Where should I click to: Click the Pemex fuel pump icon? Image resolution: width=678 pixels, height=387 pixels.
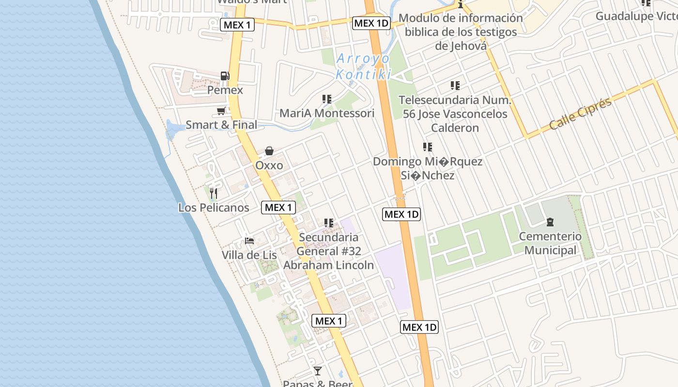point(225,75)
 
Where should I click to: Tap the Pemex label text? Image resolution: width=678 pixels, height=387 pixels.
point(225,90)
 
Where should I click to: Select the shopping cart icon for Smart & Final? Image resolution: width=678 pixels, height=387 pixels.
point(221,111)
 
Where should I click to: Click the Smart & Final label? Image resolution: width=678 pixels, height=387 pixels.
point(221,125)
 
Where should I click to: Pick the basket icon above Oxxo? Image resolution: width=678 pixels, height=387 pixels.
point(269,151)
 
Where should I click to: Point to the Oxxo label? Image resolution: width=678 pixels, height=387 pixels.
point(269,165)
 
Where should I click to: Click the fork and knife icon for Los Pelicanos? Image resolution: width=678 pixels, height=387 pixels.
point(214,193)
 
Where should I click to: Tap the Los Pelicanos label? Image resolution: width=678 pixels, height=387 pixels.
point(214,208)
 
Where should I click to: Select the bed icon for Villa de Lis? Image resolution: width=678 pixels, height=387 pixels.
point(249,240)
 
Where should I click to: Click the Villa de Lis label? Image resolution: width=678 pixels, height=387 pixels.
point(249,255)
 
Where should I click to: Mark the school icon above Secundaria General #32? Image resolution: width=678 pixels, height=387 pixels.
point(329,223)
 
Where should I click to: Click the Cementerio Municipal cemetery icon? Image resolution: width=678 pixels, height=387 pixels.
point(550,223)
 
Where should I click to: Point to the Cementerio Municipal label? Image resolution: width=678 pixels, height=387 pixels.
point(551,243)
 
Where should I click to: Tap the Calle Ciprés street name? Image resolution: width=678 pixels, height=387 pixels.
point(580,114)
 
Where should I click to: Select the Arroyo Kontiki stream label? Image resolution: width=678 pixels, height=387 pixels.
point(363,67)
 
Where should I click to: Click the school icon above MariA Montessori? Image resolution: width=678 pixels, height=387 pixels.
point(327,99)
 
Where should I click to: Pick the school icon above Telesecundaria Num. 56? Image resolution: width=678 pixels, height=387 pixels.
point(455,86)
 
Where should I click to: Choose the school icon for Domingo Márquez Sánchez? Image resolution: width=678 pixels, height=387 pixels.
point(428,147)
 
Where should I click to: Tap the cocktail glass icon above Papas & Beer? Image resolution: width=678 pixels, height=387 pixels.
point(318,371)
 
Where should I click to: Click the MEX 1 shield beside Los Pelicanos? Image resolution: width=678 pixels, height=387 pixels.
point(278,208)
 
